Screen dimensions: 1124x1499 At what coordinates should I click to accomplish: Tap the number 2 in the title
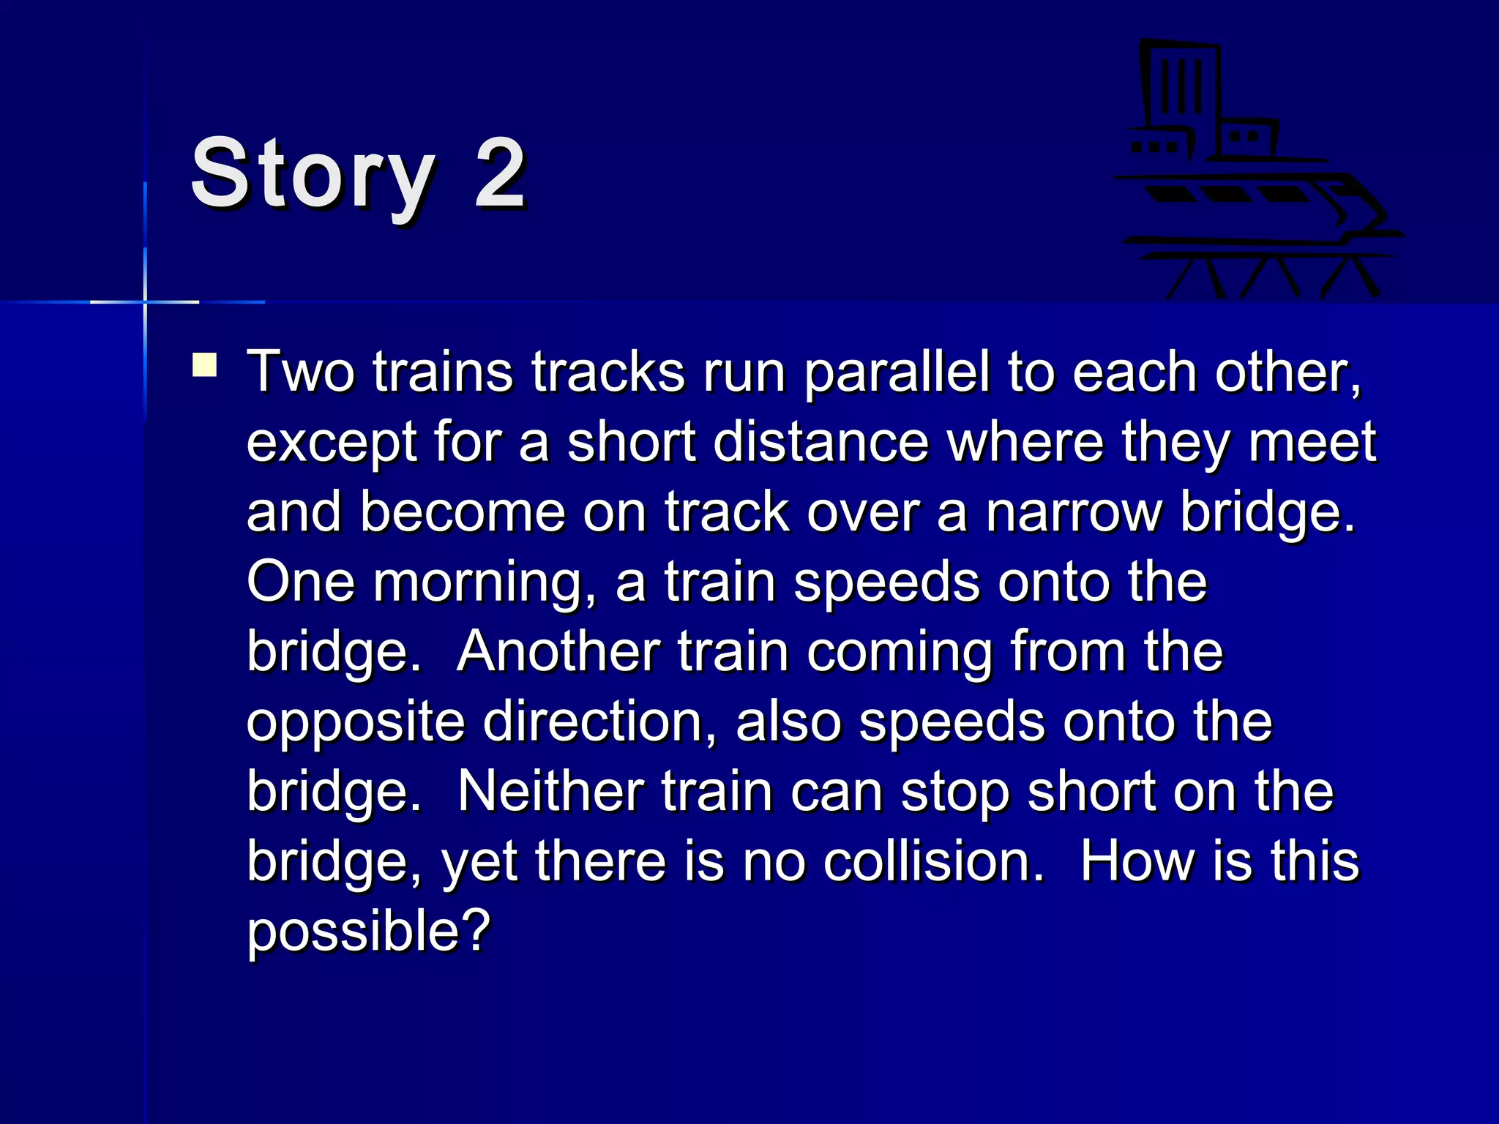[x=500, y=174]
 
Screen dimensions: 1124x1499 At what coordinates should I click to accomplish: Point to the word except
[x=331, y=443]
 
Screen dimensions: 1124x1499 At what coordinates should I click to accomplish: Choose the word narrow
[x=1074, y=512]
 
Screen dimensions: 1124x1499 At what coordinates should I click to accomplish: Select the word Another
[x=558, y=651]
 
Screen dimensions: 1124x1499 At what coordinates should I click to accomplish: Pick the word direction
[x=599, y=722]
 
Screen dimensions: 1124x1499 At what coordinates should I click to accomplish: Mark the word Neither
[x=550, y=792]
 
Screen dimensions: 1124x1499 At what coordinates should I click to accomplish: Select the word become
[x=463, y=512]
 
